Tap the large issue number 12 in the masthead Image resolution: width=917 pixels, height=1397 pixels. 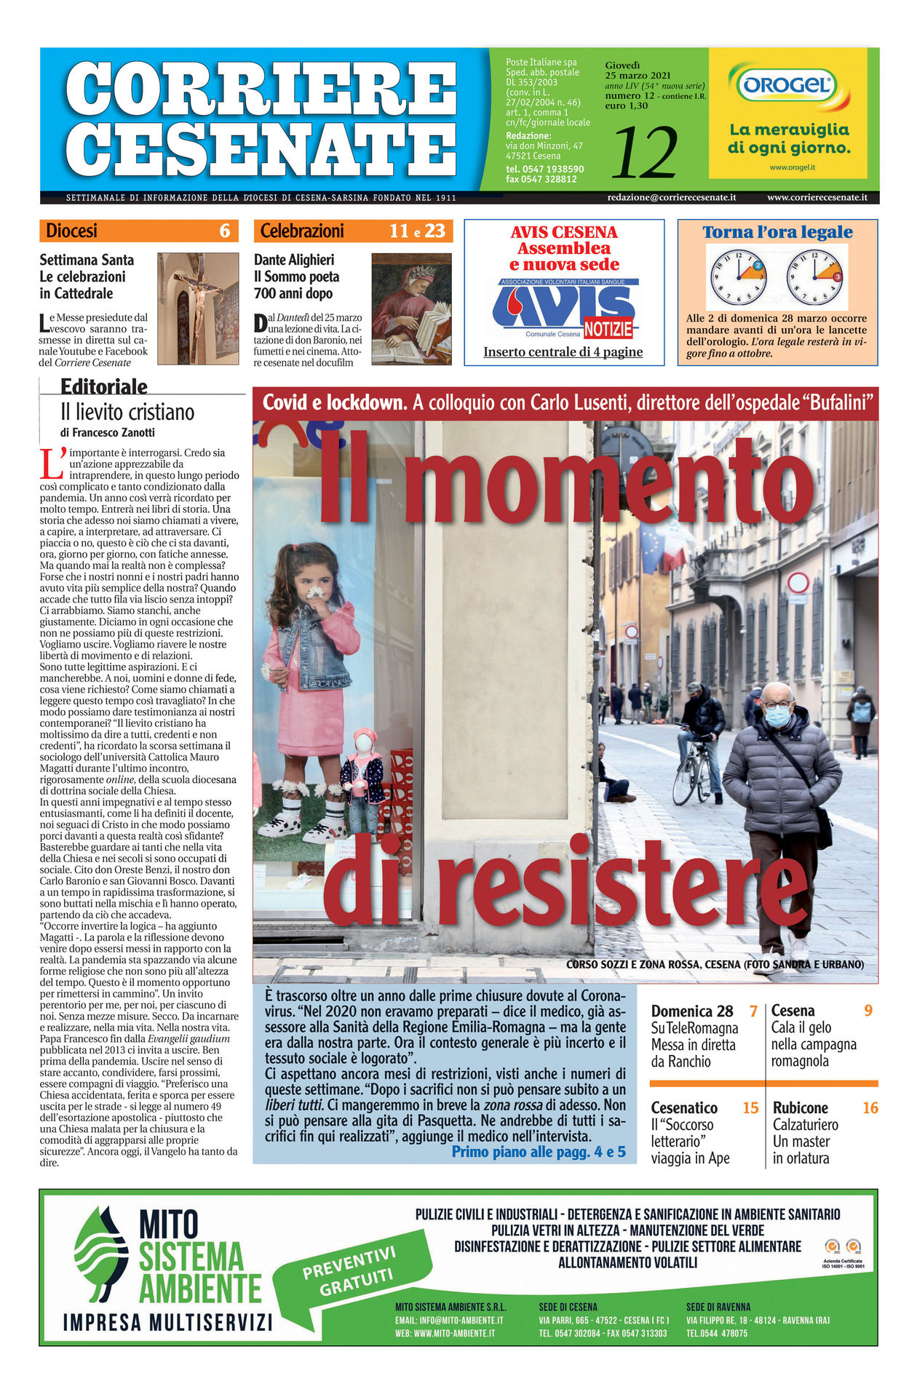(x=644, y=153)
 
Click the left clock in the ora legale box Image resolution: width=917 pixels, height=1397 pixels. (x=737, y=277)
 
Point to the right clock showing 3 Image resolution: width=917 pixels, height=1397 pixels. (x=815, y=277)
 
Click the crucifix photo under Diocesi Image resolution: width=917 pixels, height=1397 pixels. (x=198, y=309)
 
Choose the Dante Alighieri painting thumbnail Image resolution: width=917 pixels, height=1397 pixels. (x=411, y=309)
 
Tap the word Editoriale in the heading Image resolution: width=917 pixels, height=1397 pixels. (x=104, y=386)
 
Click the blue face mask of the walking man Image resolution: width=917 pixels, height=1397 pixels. (x=777, y=717)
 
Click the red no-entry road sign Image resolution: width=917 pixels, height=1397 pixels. (x=798, y=583)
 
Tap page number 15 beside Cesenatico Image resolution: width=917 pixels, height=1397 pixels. (x=750, y=1108)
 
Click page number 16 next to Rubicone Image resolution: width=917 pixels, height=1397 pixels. (x=870, y=1108)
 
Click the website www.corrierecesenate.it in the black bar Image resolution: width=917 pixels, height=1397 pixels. (x=817, y=197)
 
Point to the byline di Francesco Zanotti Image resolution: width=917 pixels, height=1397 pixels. (x=108, y=432)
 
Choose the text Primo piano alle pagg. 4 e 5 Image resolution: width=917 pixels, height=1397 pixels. (x=539, y=1152)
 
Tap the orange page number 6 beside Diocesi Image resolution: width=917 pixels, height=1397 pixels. (x=225, y=231)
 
